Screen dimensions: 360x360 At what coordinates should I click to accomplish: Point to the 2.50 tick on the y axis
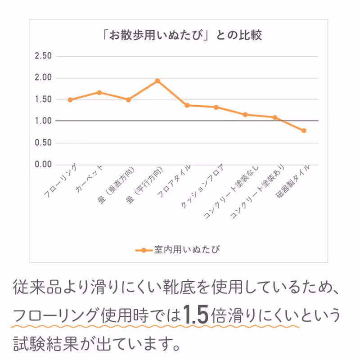point(44,56)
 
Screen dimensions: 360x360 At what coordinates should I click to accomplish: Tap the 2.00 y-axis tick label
point(44,78)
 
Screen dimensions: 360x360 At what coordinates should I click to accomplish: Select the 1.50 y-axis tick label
point(44,99)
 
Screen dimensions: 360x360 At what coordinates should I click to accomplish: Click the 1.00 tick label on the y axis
point(44,121)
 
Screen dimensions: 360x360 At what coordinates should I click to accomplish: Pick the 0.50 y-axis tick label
point(44,143)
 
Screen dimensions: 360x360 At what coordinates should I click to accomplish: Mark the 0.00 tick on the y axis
point(44,165)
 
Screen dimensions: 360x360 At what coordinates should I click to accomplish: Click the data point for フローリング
point(70,100)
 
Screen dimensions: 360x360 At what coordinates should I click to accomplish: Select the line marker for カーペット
point(99,93)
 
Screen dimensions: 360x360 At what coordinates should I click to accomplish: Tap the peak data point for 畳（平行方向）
point(157,81)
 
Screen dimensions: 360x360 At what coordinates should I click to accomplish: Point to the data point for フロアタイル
point(187,105)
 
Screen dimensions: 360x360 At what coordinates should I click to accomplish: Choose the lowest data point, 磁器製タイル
point(304,131)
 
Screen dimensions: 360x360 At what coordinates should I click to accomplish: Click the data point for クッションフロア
point(216,107)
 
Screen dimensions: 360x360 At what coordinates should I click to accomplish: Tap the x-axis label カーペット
point(90,180)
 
